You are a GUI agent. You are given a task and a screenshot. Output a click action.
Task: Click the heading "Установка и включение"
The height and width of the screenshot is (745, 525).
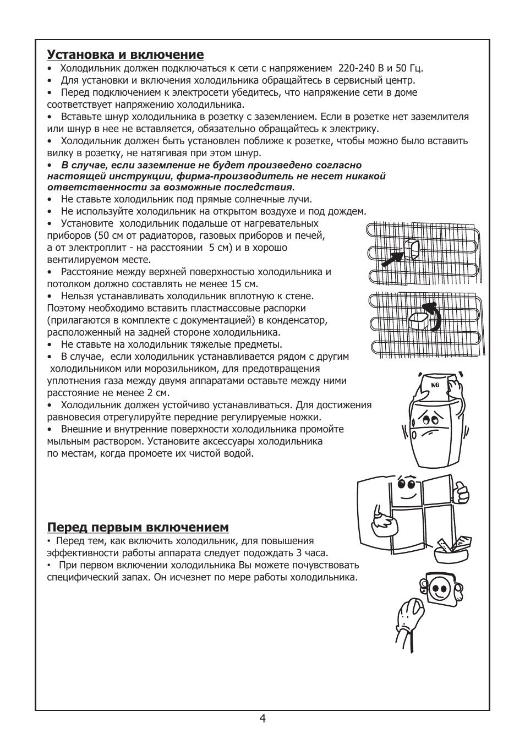[x=125, y=54]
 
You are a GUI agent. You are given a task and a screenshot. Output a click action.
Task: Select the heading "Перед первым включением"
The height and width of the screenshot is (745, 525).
[x=138, y=527]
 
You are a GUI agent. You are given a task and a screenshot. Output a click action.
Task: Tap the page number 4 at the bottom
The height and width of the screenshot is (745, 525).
[x=262, y=719]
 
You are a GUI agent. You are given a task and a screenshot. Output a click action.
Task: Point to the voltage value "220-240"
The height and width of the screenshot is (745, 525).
[x=356, y=68]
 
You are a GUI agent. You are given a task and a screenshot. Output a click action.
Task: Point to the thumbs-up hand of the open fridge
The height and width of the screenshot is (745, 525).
[x=460, y=490]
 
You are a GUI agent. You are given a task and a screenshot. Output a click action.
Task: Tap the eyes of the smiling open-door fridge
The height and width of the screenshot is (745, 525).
[x=405, y=484]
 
